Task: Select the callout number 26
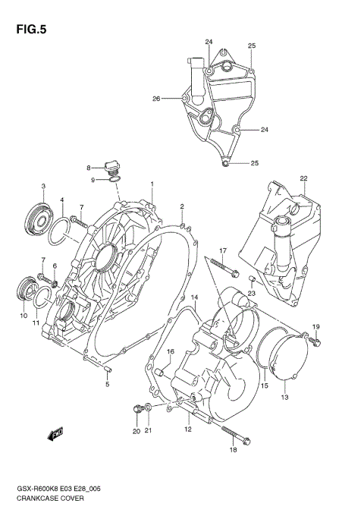[156, 99]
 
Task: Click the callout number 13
[285, 397]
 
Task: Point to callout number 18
[233, 451]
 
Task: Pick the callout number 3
[43, 187]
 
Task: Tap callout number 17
[224, 250]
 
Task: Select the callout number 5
[107, 384]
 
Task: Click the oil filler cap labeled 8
[112, 166]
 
